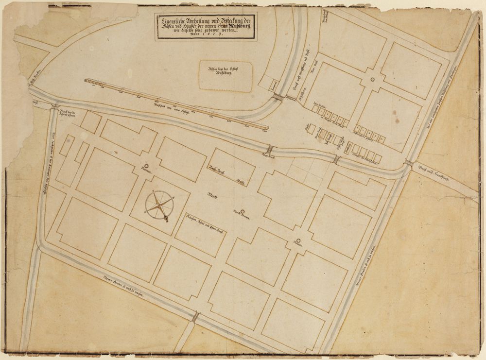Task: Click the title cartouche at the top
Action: click(206, 27)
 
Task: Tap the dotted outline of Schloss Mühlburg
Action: click(226, 76)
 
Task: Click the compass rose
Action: click(160, 206)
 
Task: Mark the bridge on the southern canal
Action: click(195, 317)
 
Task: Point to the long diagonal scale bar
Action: click(177, 105)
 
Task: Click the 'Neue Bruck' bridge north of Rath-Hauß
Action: click(270, 150)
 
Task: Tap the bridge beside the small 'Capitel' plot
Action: click(278, 98)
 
